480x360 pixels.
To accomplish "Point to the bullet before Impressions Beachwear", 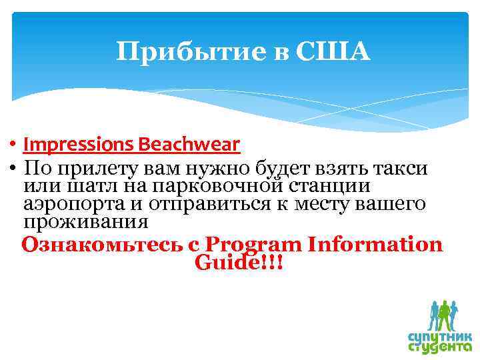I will pos(13,145).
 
